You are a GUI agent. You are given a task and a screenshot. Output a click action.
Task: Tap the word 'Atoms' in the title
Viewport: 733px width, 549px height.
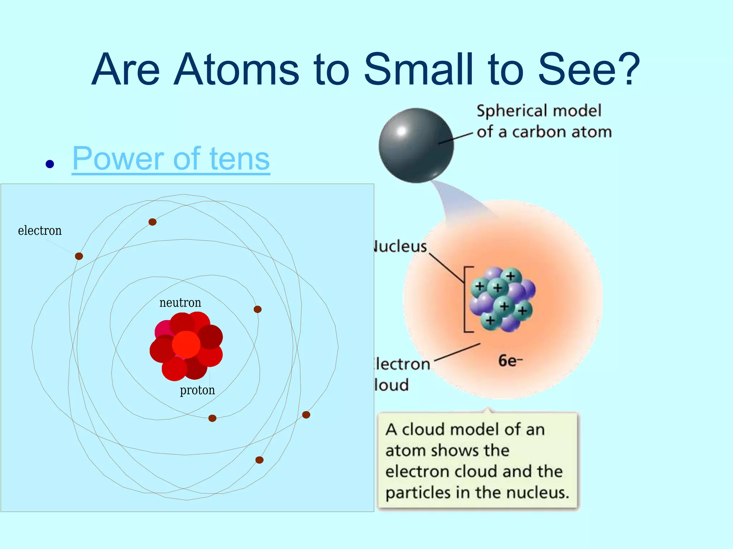click(x=236, y=69)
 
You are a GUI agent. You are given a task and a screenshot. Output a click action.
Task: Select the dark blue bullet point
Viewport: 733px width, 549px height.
click(x=50, y=164)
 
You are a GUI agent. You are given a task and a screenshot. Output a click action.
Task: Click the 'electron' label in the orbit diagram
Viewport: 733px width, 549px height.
click(x=40, y=231)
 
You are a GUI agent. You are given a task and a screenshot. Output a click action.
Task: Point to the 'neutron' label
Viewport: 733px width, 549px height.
click(x=180, y=303)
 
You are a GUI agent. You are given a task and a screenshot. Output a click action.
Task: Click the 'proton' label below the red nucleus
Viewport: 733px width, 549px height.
click(x=197, y=390)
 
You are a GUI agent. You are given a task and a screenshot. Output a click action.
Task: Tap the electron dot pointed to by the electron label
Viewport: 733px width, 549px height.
click(x=79, y=256)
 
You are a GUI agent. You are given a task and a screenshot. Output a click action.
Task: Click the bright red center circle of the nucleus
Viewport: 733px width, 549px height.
click(x=186, y=345)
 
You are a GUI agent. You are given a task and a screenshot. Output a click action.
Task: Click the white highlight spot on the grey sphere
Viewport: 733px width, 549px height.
click(x=401, y=131)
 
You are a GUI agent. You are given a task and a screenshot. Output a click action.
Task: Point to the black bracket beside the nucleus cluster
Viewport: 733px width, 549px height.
click(x=466, y=300)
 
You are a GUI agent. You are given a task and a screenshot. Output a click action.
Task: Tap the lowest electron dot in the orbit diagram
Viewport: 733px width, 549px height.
click(x=259, y=460)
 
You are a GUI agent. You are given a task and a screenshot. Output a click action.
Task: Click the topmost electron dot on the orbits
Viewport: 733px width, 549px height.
click(x=152, y=222)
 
